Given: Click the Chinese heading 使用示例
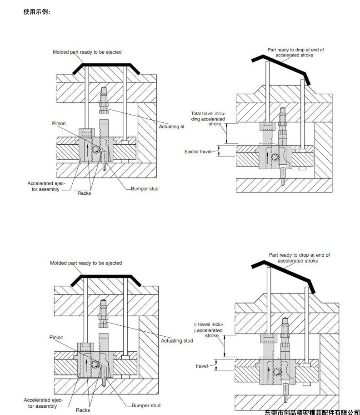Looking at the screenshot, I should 36,12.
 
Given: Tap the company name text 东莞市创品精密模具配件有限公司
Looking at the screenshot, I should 312,411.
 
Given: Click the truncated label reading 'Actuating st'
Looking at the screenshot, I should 171,127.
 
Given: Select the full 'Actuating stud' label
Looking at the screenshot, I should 177,340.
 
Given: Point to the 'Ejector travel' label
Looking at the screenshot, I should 198,151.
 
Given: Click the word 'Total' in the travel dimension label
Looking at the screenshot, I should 197,113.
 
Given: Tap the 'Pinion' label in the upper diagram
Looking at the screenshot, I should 59,123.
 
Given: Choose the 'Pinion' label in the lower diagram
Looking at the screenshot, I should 56,337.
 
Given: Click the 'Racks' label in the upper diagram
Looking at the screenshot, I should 84,193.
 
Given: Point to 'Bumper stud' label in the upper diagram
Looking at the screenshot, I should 145,188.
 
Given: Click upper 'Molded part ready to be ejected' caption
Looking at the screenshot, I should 87,52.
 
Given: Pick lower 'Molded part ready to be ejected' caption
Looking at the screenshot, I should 86,263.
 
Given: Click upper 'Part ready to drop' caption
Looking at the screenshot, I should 295,52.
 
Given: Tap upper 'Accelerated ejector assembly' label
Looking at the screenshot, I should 46,186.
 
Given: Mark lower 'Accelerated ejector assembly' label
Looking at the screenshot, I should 44,403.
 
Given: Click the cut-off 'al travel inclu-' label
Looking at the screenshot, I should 209,324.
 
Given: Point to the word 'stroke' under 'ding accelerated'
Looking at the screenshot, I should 215,123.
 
